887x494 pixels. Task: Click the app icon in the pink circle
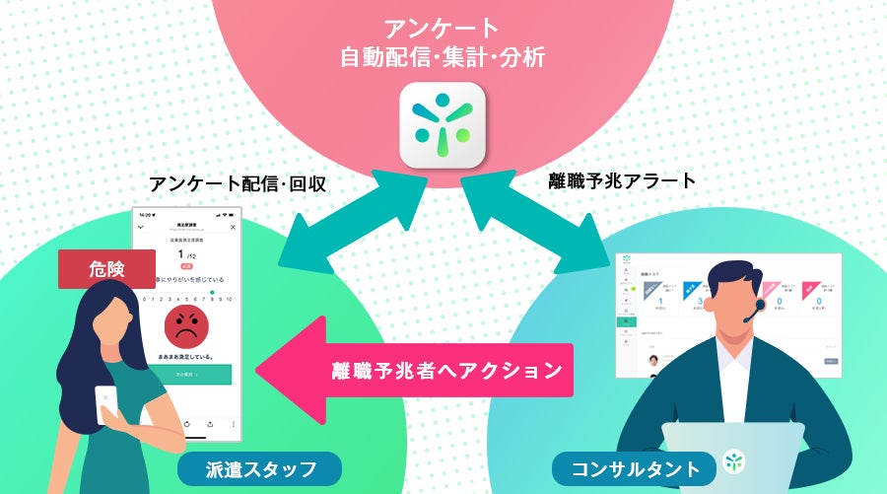(x=443, y=125)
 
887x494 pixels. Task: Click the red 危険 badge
(x=107, y=269)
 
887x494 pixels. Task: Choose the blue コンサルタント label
(x=626, y=467)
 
